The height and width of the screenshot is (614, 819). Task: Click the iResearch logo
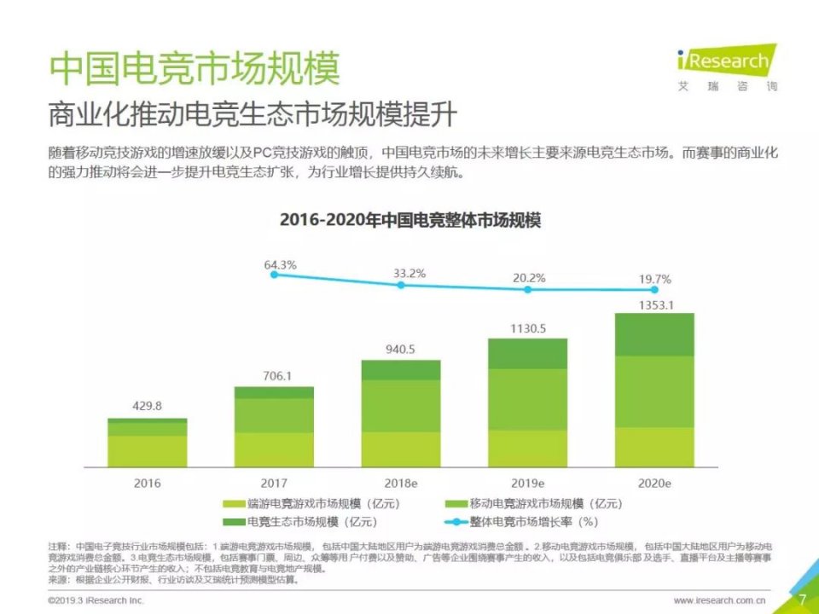coord(727,68)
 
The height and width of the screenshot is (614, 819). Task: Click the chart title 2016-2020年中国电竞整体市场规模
coord(410,220)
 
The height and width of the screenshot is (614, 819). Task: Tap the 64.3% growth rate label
coord(281,265)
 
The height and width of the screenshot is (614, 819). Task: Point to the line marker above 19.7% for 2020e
coord(654,290)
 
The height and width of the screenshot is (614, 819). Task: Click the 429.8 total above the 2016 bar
coord(148,407)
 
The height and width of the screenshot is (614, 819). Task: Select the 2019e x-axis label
coord(527,483)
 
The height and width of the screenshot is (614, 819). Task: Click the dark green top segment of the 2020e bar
coord(654,334)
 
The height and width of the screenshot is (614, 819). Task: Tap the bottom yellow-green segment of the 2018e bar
coord(401,449)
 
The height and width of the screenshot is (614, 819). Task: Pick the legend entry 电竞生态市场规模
coord(299,521)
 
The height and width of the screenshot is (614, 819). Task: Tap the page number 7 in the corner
coord(802,599)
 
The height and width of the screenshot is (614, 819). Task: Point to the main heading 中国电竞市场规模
coord(194,69)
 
